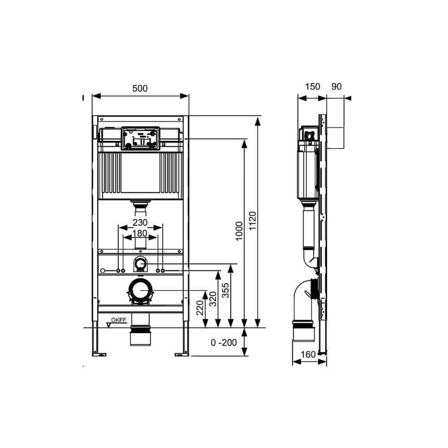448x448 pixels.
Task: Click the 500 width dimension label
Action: [x=140, y=88]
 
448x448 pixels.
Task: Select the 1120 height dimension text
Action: [x=253, y=220]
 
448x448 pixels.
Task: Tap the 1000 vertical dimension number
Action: [x=239, y=231]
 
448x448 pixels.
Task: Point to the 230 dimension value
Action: [x=140, y=223]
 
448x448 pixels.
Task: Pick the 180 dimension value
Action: [x=140, y=233]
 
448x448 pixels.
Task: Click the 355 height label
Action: [x=226, y=290]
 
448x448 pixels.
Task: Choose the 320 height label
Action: [x=213, y=299]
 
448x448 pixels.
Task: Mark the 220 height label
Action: [x=200, y=308]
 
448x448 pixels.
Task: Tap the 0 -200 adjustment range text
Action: [x=224, y=342]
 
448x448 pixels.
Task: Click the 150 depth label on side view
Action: [x=312, y=87]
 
